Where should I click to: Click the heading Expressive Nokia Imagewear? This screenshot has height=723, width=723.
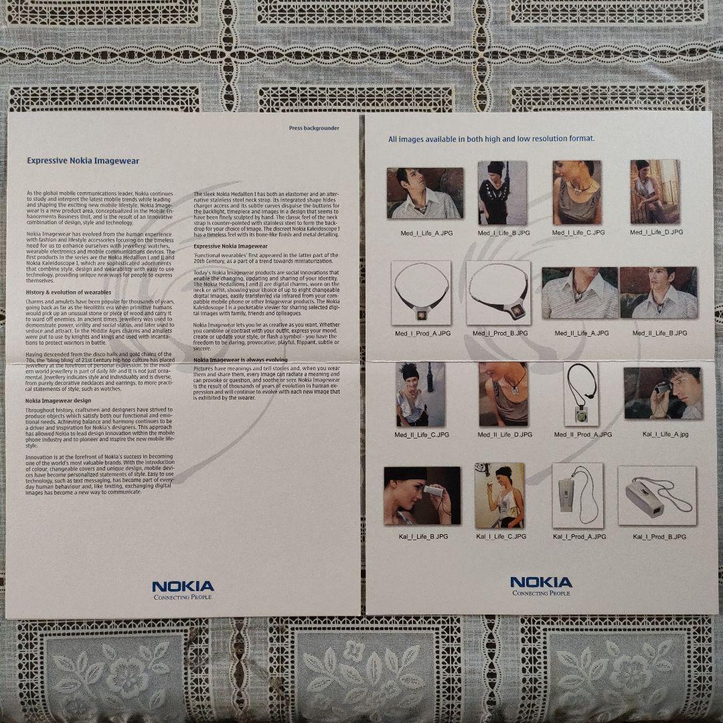point(83,161)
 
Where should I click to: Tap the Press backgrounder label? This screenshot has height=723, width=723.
point(313,127)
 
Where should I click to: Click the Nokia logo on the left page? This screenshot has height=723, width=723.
point(183,589)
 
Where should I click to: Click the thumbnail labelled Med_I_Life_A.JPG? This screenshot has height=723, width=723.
point(424,193)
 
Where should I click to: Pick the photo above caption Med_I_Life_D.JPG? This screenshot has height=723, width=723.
point(655,191)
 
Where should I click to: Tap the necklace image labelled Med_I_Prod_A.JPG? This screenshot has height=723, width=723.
point(421,293)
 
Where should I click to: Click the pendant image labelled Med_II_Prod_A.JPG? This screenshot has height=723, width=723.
point(581,394)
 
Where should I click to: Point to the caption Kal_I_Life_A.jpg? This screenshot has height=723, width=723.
point(665,434)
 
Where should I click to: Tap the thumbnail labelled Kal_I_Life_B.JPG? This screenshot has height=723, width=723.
point(422,496)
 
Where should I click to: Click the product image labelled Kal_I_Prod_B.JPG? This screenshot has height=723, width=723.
point(657,495)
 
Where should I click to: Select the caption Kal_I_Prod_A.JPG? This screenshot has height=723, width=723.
point(579,537)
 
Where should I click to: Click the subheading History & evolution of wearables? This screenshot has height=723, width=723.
point(68,292)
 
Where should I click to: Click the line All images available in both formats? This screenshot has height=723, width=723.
point(491,139)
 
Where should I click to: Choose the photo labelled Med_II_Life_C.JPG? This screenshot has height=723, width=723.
point(420,394)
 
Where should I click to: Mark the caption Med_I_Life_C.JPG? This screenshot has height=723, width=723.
point(578,232)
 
